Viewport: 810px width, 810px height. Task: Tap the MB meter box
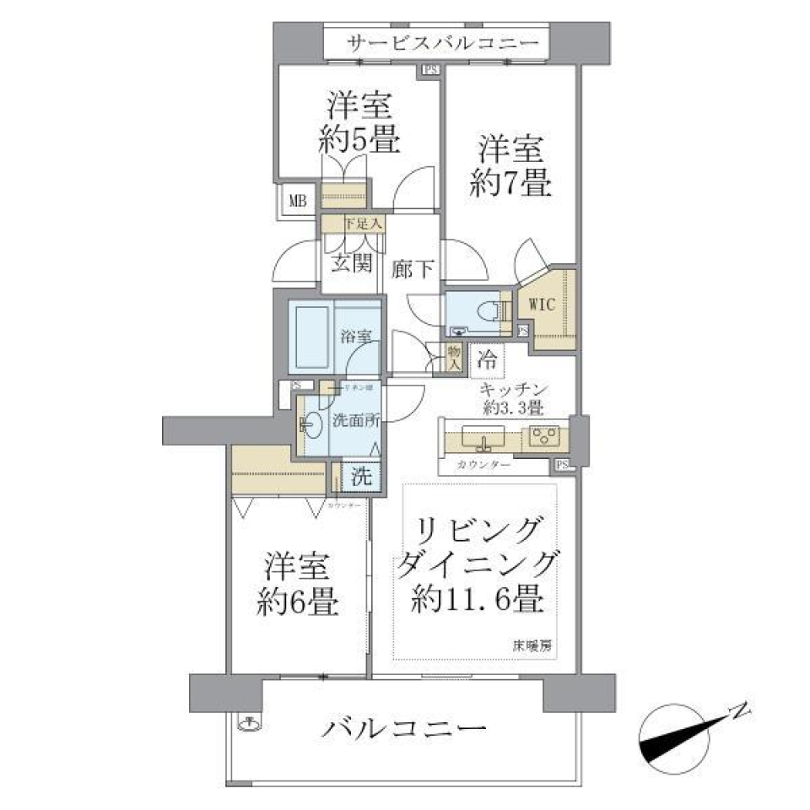299,201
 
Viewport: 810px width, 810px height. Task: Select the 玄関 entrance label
350,263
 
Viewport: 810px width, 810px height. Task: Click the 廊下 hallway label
413,269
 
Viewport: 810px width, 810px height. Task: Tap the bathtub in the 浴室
314,336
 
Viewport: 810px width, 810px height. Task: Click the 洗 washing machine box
361,476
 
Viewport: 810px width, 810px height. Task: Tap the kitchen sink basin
483,438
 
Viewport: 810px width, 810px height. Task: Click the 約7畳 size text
510,183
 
